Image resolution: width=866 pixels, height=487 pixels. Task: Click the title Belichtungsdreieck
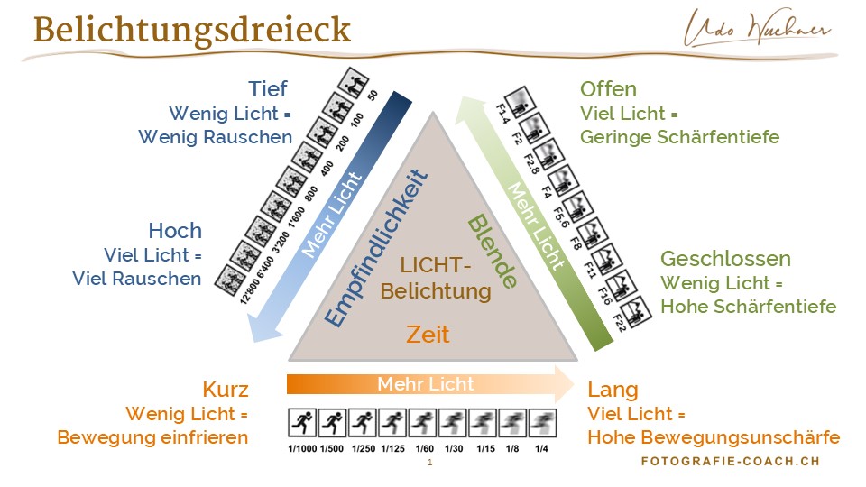(191, 30)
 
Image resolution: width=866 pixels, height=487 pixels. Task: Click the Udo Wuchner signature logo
(759, 29)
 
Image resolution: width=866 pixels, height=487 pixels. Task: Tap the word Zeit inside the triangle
(428, 335)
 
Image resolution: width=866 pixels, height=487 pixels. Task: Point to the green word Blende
(493, 253)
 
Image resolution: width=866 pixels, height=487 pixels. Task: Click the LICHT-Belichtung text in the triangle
(436, 279)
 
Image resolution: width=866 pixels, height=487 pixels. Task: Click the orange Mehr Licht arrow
(429, 384)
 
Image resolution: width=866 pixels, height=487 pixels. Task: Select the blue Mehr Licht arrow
(326, 216)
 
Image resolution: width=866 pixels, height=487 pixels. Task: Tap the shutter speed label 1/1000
(302, 448)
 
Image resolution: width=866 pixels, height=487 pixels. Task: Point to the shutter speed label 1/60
(424, 448)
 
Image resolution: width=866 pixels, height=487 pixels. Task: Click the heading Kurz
(226, 390)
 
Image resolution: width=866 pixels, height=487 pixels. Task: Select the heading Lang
(613, 390)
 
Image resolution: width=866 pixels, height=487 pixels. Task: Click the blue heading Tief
(268, 88)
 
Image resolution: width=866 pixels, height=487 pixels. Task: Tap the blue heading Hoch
(175, 230)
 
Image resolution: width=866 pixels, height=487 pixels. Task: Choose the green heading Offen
(608, 89)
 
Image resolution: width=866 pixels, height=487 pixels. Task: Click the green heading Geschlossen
(725, 259)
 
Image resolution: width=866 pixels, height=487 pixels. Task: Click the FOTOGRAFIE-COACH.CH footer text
(731, 461)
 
